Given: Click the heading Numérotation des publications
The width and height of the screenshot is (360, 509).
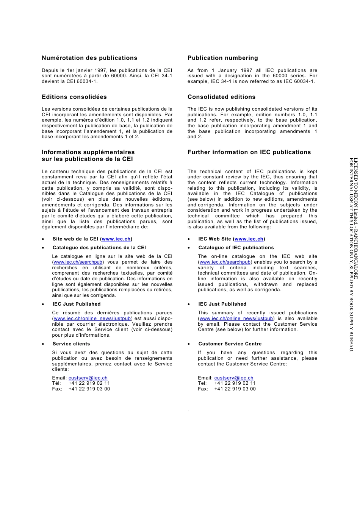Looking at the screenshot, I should pos(89,58).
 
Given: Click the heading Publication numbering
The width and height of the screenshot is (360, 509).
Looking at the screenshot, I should pos(223,58).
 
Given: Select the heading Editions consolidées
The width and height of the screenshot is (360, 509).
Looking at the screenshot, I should pos(74,97).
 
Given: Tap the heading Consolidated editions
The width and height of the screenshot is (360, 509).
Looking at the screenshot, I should pos(221,97).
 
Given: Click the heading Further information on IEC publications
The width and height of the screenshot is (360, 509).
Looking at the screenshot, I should pos(249,152).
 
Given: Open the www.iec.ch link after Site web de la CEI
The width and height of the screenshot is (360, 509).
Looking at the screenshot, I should pos(116,239).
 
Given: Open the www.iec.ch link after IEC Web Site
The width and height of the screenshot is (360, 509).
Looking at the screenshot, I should pos(249,239).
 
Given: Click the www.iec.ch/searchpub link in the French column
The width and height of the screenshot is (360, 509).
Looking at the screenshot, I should pos(78,262).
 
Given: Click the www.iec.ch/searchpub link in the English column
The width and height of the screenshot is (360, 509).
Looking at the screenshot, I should pos(225,262).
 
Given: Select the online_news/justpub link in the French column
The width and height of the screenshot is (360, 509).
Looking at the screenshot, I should pos(92,319).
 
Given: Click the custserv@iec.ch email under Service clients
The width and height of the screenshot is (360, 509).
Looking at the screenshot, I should pos(88,378).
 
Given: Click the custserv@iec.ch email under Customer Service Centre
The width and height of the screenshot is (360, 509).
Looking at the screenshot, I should pos(234,378).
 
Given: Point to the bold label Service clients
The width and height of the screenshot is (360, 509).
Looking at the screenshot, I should pos(71,344).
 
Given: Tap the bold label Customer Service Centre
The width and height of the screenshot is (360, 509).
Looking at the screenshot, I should pos(230,344).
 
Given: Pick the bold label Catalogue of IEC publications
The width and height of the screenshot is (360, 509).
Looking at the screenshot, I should pos(236,248).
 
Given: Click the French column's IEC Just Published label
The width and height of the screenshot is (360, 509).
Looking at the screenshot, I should pos(77,304).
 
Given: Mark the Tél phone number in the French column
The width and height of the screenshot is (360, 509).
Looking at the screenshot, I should pos(89,383).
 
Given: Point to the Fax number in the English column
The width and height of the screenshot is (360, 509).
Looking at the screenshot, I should pos(235,389).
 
